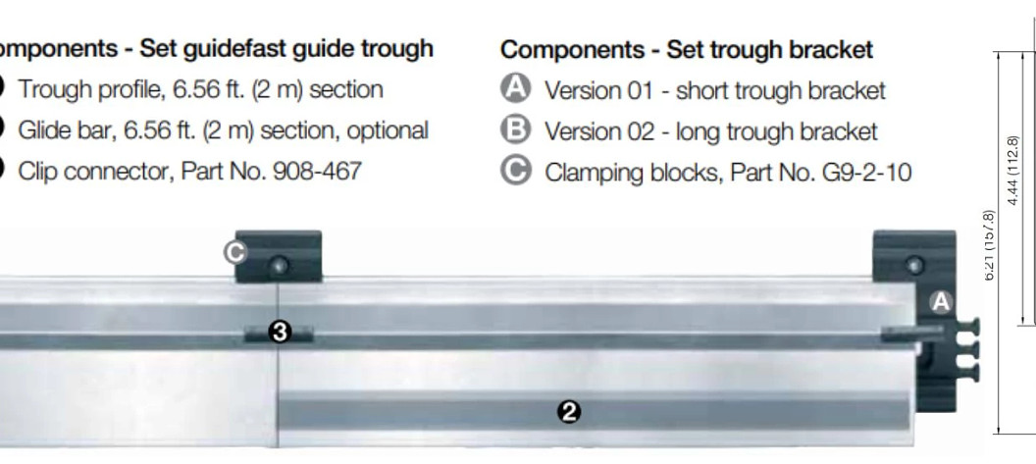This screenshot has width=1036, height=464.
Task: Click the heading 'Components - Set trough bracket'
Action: tap(687, 49)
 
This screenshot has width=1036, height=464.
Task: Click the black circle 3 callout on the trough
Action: tap(280, 333)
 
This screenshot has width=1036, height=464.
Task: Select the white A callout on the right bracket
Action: tap(940, 302)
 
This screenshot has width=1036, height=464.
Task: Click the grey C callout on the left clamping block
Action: tap(233, 252)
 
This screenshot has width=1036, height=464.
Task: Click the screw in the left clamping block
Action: tap(282, 264)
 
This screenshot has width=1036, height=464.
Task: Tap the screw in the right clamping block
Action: tap(915, 264)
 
